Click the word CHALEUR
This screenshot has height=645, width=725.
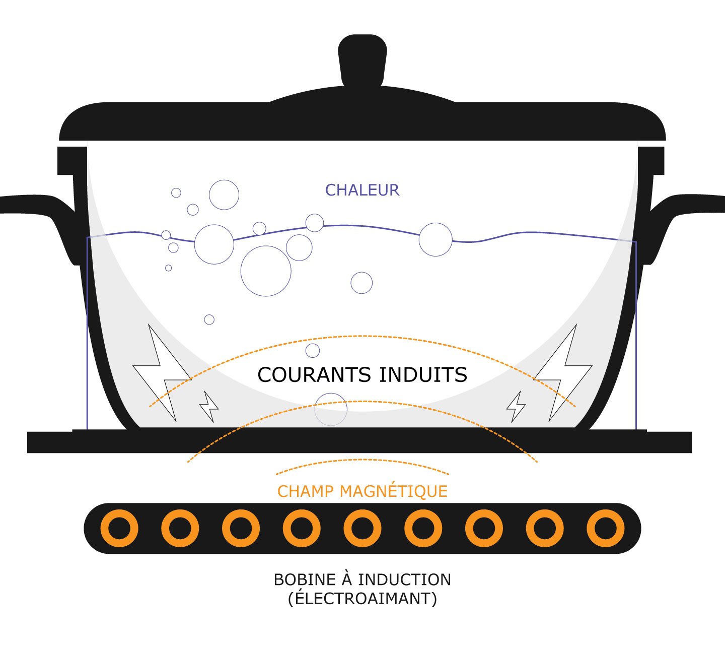click(362, 190)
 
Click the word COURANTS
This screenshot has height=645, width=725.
click(315, 375)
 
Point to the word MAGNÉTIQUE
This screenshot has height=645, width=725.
click(394, 491)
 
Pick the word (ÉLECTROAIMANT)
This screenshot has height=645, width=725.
click(362, 599)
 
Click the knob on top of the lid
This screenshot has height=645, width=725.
click(362, 58)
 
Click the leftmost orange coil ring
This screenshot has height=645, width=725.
click(119, 528)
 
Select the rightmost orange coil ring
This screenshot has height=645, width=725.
click(605, 528)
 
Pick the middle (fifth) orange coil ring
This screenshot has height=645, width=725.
click(362, 528)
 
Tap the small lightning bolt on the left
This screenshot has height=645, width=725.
click(209, 406)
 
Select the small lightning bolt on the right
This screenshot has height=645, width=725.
click(516, 406)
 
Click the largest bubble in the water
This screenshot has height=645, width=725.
click(266, 271)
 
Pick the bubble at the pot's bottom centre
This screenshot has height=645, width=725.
click(331, 409)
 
